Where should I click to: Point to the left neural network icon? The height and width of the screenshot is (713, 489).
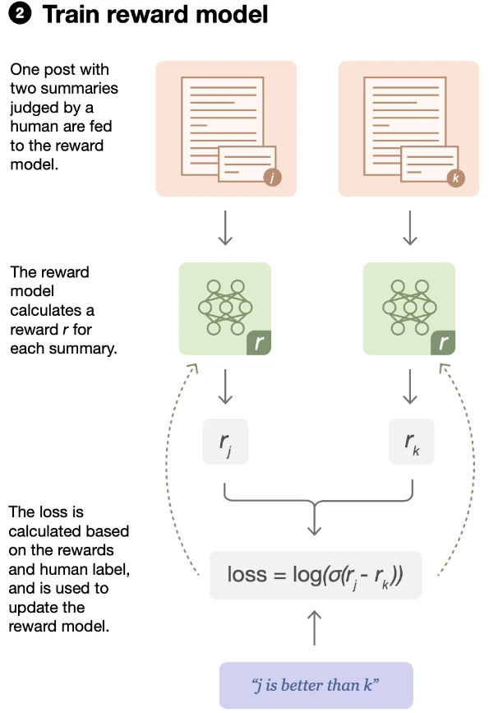click(x=224, y=306)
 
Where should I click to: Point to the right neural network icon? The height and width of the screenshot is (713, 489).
click(x=408, y=306)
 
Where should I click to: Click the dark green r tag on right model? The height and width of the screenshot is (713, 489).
click(x=442, y=343)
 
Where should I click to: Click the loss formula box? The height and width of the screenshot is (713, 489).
click(x=316, y=573)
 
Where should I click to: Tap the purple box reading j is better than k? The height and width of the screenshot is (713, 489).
click(x=316, y=683)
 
